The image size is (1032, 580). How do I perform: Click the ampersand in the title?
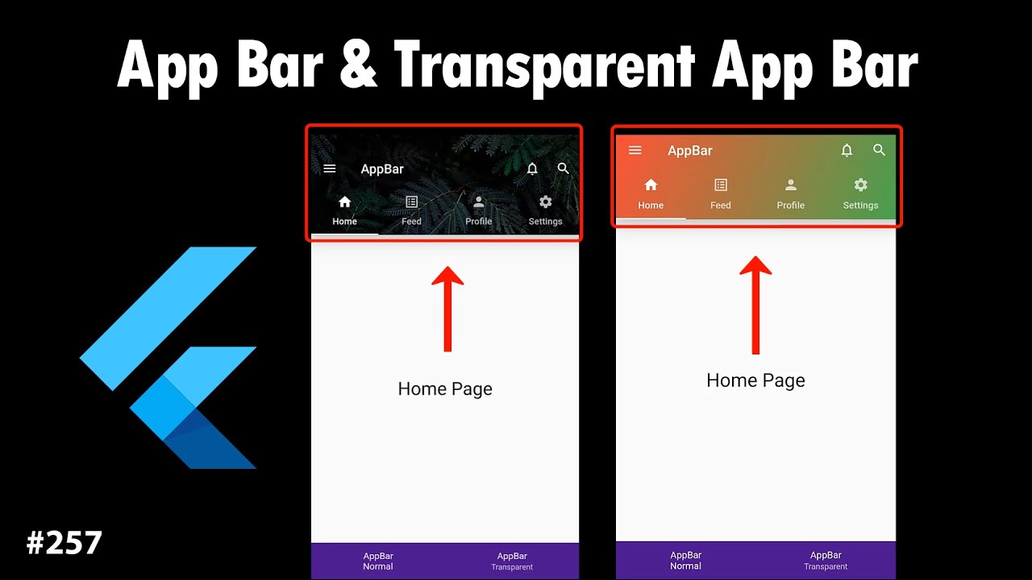(x=358, y=64)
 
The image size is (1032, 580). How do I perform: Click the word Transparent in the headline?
(x=544, y=68)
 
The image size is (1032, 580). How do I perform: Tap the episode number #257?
(x=64, y=543)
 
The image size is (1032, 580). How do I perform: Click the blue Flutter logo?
(x=169, y=358)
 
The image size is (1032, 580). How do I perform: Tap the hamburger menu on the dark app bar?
(x=330, y=168)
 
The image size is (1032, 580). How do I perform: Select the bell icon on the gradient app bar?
(x=847, y=150)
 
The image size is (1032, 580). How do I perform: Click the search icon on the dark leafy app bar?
(x=563, y=168)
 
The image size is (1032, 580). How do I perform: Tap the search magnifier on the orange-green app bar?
(x=879, y=150)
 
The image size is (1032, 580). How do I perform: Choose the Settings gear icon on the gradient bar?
(x=860, y=185)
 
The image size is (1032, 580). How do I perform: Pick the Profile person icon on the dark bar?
(x=479, y=201)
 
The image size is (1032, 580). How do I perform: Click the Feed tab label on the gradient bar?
(x=721, y=205)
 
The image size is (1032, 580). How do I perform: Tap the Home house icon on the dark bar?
(x=344, y=201)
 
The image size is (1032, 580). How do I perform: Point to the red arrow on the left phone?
(x=447, y=309)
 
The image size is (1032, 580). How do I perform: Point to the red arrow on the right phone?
(x=755, y=304)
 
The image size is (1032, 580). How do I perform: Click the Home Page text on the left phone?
(x=445, y=389)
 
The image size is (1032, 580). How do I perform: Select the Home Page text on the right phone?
(x=755, y=381)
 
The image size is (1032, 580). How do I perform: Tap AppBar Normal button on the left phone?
(x=378, y=561)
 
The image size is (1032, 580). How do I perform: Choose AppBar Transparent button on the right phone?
(x=826, y=561)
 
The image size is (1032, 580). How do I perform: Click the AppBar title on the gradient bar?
(x=690, y=151)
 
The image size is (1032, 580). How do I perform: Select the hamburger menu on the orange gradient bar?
(x=635, y=150)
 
